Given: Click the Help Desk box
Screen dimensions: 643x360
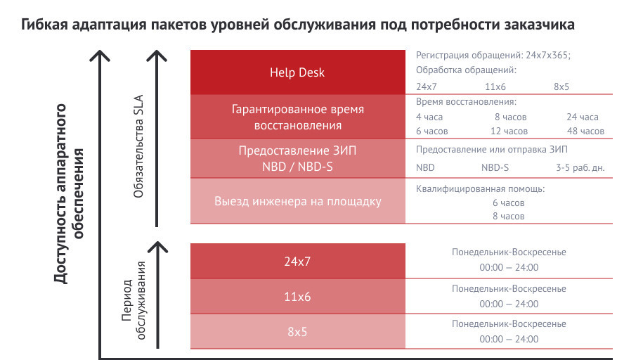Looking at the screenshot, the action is (x=298, y=72).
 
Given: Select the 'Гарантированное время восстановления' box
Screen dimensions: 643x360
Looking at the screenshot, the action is (x=298, y=117).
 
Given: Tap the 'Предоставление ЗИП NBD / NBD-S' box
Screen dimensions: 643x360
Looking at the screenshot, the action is (x=298, y=158).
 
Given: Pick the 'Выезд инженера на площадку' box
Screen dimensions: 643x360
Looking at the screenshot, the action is (x=298, y=200).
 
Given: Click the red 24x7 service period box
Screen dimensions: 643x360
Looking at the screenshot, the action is (x=298, y=261).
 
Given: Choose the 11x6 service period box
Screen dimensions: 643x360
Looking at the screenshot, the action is (x=298, y=297).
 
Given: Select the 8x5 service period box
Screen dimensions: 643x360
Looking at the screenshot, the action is (x=298, y=331).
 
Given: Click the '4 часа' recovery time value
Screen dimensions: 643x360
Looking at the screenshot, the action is (x=429, y=117).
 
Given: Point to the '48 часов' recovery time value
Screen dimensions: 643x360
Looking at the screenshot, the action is (x=585, y=131).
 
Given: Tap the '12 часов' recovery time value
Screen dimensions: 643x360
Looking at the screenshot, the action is (x=509, y=131).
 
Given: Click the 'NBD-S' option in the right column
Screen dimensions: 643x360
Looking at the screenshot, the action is (x=495, y=167).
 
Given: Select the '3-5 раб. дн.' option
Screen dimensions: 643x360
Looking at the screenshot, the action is (x=580, y=167).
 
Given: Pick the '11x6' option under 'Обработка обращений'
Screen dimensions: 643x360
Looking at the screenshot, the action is (x=495, y=86).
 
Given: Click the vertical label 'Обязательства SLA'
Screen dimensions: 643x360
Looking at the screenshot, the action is (x=138, y=146).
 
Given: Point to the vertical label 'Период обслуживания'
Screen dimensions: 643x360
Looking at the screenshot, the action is (x=134, y=300).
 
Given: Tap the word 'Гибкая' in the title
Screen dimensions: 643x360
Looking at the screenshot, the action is (x=44, y=25).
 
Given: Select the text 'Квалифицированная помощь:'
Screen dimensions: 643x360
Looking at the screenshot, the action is (x=480, y=189).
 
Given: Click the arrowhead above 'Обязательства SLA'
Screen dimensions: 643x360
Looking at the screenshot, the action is (x=157, y=56).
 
